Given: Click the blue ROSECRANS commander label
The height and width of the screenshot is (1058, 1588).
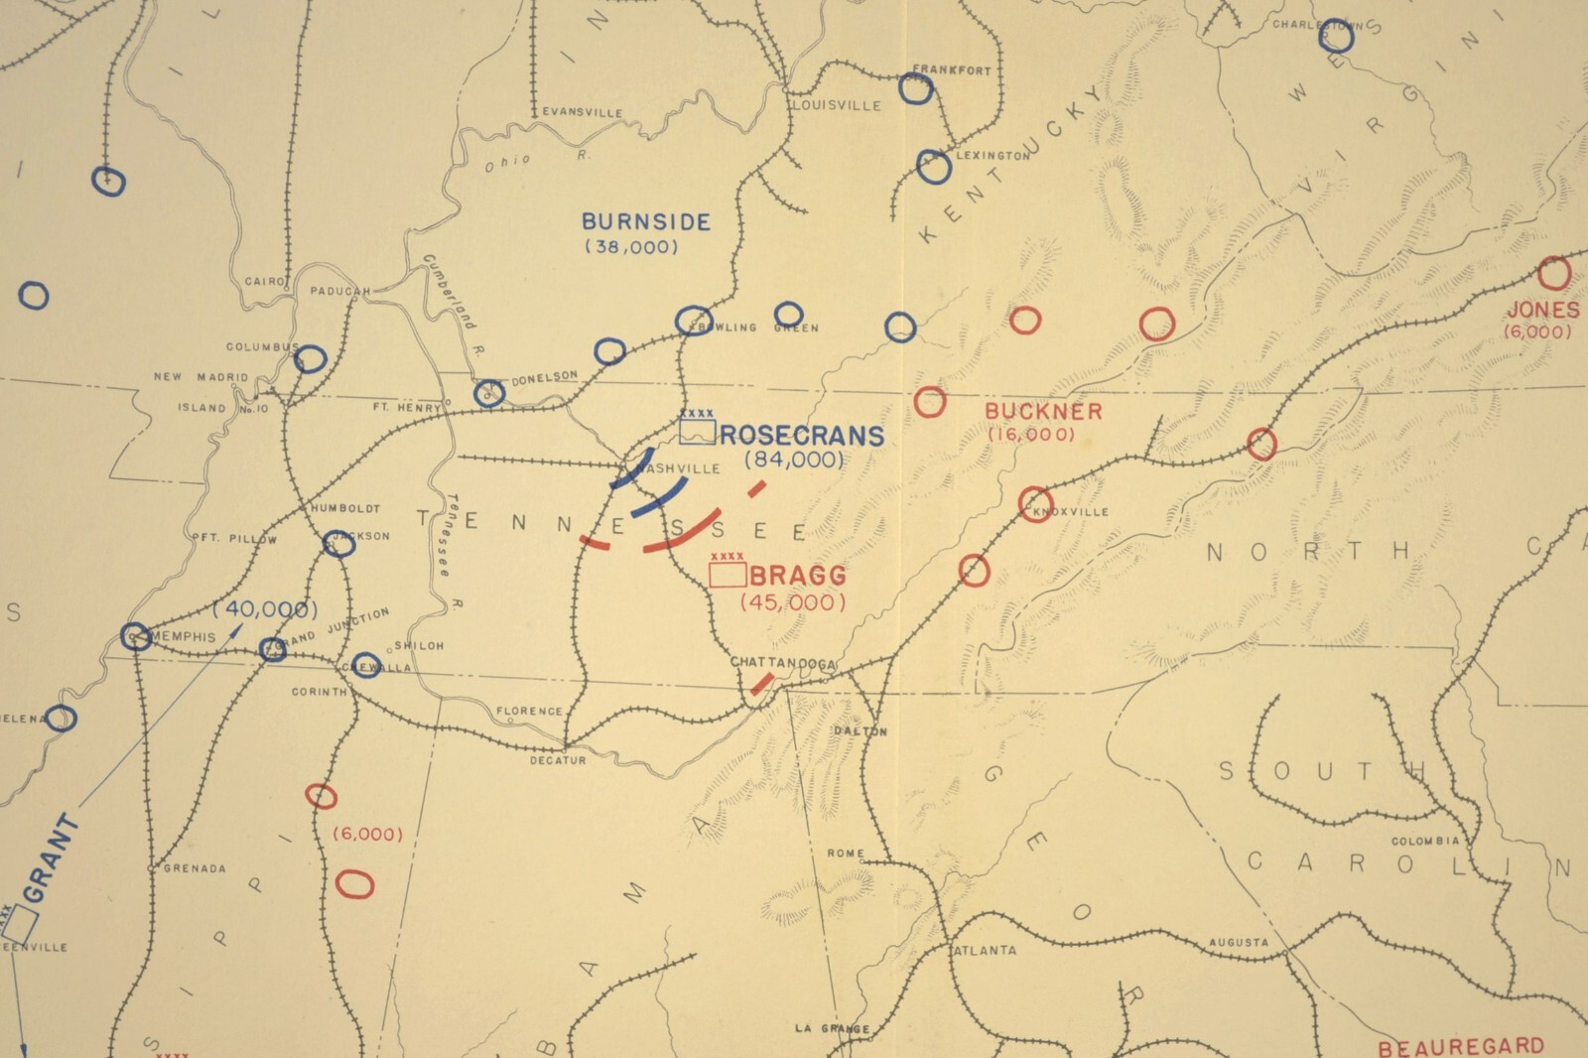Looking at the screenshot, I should click(802, 436).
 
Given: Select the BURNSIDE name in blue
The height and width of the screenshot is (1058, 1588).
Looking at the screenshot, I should click(646, 221).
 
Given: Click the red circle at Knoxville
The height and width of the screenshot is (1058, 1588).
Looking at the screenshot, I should click(1035, 504).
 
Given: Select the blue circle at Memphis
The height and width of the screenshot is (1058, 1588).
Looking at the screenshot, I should click(136, 636).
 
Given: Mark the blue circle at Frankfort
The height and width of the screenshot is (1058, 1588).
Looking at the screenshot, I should click(916, 89).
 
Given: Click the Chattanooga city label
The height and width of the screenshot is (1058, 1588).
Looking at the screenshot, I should click(783, 663).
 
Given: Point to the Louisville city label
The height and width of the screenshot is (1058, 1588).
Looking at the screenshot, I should click(837, 104).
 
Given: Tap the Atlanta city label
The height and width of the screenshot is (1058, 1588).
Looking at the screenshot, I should click(985, 950).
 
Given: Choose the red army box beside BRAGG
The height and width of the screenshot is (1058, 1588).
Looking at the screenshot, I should click(728, 575).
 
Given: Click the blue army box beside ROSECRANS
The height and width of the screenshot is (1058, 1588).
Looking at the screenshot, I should click(698, 430).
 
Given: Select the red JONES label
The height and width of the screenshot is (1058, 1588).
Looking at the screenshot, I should click(1541, 310).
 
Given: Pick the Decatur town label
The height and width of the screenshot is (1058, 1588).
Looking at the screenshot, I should click(557, 759).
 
